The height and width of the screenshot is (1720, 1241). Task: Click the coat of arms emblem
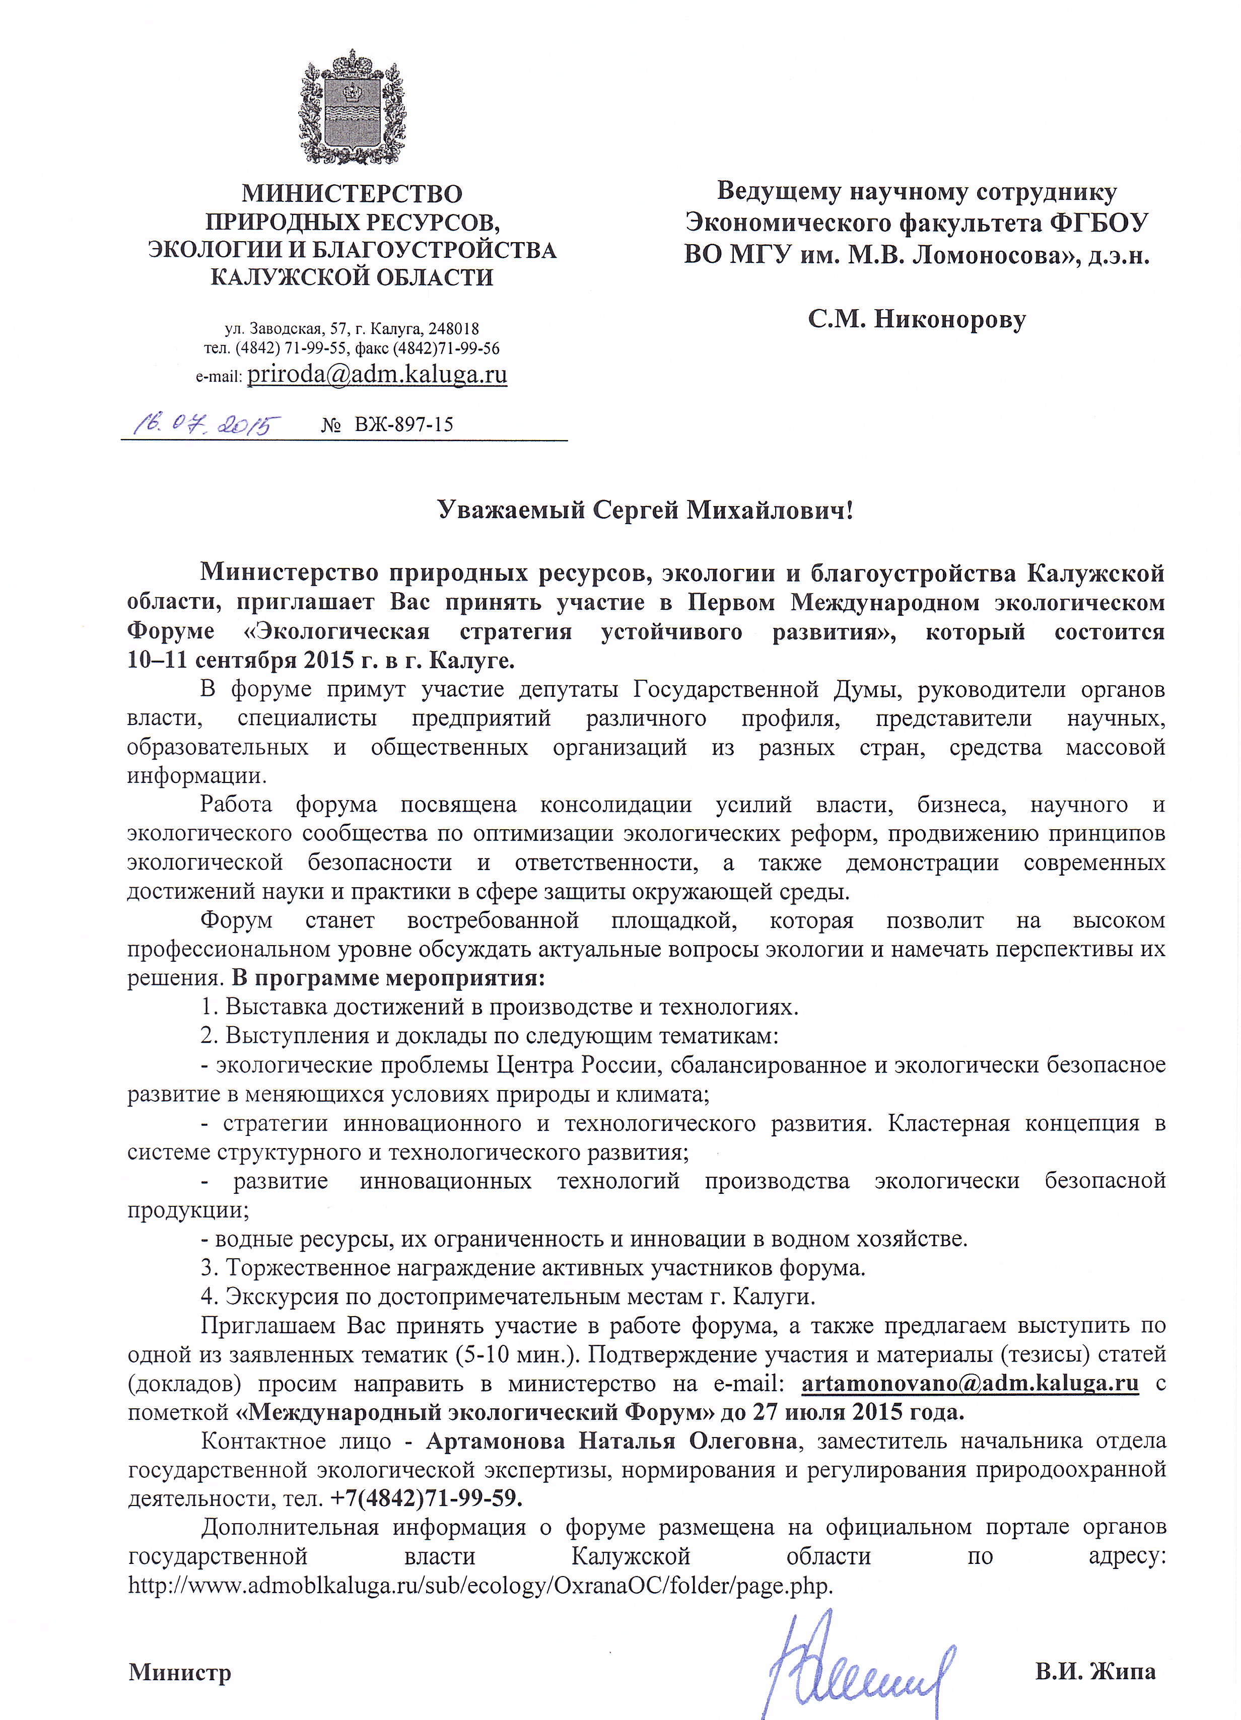(x=351, y=107)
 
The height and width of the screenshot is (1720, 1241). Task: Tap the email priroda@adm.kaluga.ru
(x=377, y=375)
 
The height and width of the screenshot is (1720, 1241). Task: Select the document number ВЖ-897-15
(x=403, y=424)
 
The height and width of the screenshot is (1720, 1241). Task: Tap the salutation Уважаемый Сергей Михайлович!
(x=646, y=511)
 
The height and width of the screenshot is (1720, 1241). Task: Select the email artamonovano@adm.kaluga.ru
(x=970, y=1383)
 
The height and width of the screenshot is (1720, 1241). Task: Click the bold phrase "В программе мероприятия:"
(x=388, y=978)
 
